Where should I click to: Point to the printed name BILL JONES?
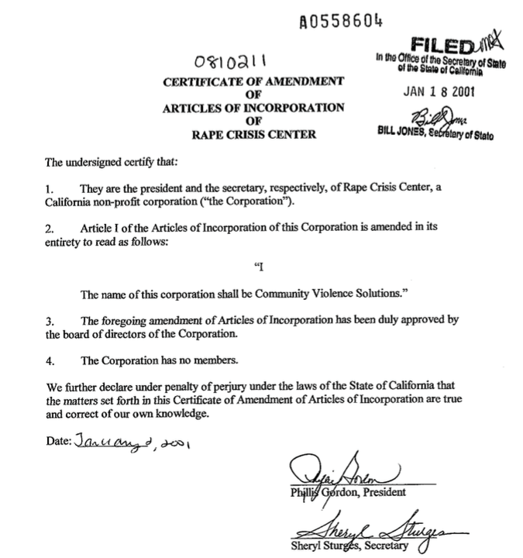(x=405, y=133)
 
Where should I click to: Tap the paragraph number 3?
(x=48, y=321)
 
